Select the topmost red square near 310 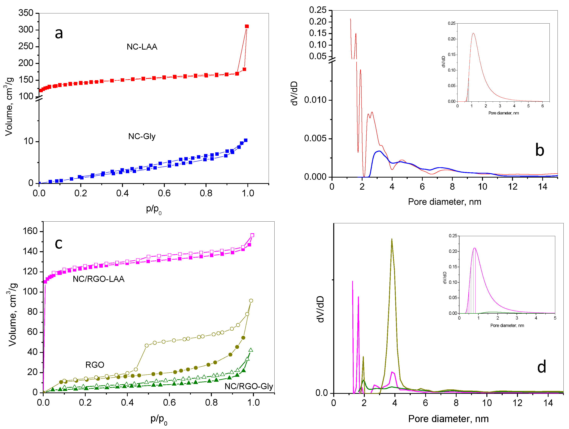tap(247, 26)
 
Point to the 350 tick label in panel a tap(26, 13)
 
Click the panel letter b tap(540, 150)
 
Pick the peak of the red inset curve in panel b tap(473, 33)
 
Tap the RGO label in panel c tap(95, 365)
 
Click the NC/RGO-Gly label tap(249, 386)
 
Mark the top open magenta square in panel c tap(252, 235)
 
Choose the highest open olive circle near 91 tap(251, 300)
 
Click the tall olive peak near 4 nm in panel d tap(392, 239)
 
